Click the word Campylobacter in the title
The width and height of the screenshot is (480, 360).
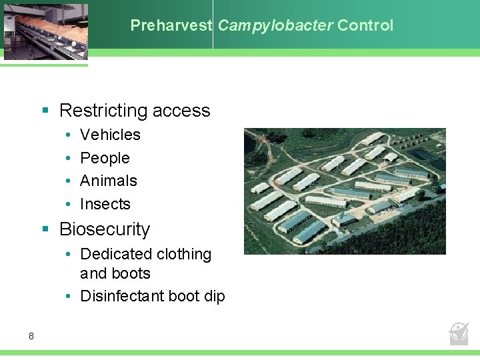tap(275, 26)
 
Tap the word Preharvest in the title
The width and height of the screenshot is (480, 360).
tap(171, 26)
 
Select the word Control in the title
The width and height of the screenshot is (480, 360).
tap(365, 26)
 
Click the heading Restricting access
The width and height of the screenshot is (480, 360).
tap(135, 111)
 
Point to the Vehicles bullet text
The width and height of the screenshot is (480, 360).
tap(110, 135)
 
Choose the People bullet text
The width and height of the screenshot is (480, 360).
tap(105, 158)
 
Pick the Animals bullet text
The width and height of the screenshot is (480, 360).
tap(108, 181)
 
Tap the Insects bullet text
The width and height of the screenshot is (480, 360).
tap(105, 204)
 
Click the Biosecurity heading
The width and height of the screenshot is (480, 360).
tap(105, 229)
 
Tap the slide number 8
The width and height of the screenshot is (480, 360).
tap(31, 336)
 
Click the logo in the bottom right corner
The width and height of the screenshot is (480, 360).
tap(459, 333)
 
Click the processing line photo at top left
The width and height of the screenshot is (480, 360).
tap(44, 31)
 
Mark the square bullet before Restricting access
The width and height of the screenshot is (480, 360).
tap(46, 111)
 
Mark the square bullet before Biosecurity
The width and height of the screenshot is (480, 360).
tap(46, 229)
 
